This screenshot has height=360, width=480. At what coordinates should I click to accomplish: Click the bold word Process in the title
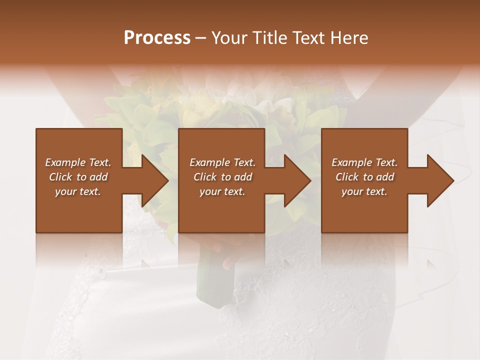point(157,38)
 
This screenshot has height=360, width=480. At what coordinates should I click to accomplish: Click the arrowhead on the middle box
point(296,180)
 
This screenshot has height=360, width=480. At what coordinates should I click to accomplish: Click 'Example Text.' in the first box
point(78,162)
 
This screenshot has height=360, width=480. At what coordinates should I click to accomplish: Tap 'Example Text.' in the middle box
point(222,162)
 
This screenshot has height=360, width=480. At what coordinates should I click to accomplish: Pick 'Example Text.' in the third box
point(364,162)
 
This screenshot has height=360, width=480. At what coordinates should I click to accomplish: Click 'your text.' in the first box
point(78,191)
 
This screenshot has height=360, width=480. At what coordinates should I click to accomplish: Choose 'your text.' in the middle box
point(222,191)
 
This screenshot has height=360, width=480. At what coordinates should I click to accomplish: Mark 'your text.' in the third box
point(364,191)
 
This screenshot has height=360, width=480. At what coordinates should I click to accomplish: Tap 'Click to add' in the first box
point(78,177)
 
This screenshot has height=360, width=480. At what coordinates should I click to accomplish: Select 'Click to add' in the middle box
point(222,177)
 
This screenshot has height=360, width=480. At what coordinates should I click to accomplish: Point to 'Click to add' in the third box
point(364,177)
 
